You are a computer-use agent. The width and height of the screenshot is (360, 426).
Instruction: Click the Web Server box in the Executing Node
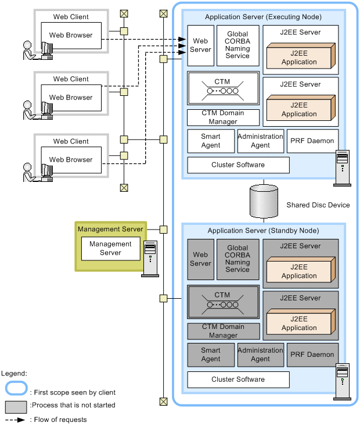(200, 45)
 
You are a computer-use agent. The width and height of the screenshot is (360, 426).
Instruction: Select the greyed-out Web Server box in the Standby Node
(200, 259)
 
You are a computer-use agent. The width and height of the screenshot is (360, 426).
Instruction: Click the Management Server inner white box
(110, 249)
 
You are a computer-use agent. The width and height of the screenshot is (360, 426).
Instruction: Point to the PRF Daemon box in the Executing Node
(312, 141)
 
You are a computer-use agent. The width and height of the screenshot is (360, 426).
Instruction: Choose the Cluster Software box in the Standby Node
(238, 380)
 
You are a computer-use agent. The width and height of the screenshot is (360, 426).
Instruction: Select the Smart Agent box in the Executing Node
(211, 141)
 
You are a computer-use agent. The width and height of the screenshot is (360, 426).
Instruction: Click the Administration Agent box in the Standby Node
(260, 355)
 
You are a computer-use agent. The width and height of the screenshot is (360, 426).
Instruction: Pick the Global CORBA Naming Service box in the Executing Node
(237, 45)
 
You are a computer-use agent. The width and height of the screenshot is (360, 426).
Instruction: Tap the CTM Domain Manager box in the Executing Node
(223, 117)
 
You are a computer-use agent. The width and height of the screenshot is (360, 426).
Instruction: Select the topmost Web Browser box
(71, 35)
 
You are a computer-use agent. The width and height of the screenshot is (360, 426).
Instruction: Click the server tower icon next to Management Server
(150, 259)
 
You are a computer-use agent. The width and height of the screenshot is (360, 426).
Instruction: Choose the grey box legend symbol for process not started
(16, 405)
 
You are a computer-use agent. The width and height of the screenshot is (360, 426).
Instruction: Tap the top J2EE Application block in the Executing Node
(300, 57)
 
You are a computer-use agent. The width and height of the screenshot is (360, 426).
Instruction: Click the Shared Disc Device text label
(318, 205)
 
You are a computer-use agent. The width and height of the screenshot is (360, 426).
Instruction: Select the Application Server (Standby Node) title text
(263, 231)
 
